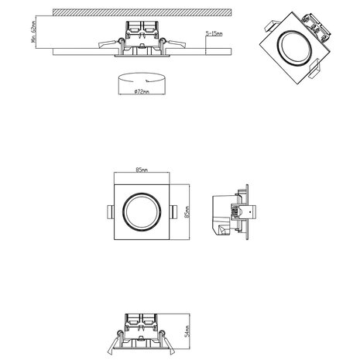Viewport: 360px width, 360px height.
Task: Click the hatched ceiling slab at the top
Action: tap(144, 12)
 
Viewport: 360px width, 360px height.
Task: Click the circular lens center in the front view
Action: tap(141, 211)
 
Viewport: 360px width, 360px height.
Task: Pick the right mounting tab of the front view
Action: tap(175, 211)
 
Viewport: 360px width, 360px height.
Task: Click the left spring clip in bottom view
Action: tap(114, 342)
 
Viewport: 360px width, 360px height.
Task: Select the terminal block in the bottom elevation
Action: tap(141, 321)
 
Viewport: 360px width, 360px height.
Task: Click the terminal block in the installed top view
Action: tap(141, 29)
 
